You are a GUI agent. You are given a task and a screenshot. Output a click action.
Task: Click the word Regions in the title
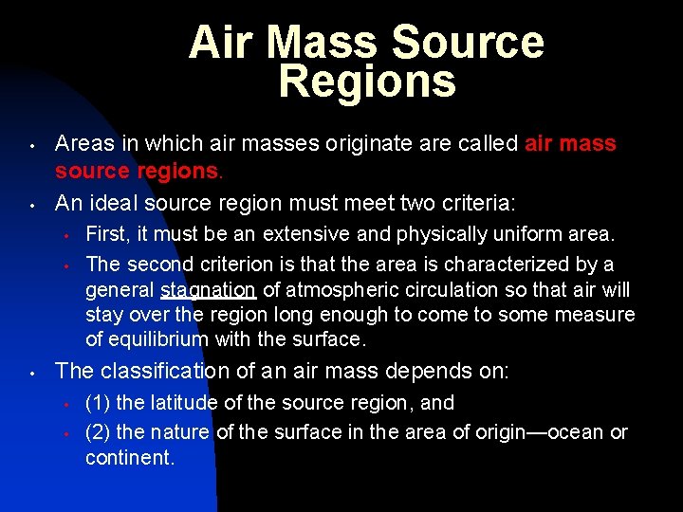point(367,82)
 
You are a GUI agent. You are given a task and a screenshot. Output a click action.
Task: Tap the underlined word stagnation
point(209,290)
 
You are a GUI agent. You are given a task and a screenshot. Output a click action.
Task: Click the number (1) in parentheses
point(99,403)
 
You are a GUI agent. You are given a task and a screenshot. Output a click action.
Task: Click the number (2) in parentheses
point(99,432)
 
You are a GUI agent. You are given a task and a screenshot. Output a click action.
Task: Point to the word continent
point(129,458)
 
